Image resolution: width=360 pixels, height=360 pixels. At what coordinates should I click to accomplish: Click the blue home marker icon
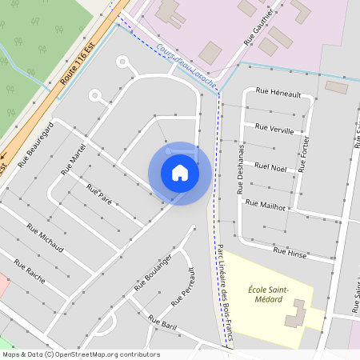[179, 172]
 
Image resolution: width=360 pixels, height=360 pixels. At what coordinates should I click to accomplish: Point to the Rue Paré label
[98, 193]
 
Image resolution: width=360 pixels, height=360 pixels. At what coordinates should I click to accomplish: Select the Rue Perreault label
[183, 287]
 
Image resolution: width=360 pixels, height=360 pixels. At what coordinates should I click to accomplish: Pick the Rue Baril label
[162, 323]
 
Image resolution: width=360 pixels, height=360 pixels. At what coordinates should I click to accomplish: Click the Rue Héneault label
[278, 94]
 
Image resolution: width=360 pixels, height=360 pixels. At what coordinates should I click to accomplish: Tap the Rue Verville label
[274, 129]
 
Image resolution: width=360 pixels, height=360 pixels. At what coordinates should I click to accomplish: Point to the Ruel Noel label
[270, 167]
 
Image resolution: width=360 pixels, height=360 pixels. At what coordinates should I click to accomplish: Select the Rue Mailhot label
[266, 205]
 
